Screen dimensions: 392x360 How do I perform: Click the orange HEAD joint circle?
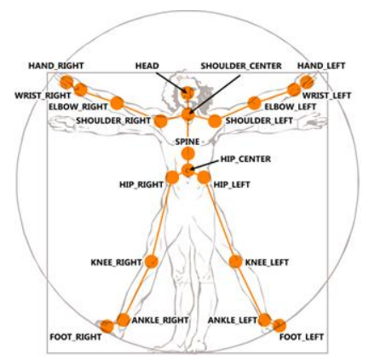pos(187,93)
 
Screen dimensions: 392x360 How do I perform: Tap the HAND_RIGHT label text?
pos(56,66)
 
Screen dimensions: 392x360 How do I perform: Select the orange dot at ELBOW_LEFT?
pos(255,103)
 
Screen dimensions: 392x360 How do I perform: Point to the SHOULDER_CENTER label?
pos(241,66)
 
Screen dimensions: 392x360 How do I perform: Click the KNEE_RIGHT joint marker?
pos(152,261)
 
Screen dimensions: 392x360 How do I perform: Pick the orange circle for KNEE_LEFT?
pos(235,261)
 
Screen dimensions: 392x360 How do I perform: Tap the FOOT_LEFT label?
pos(302,337)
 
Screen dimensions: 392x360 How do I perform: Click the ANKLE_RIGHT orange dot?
pos(124,320)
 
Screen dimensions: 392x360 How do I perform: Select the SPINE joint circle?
pos(187,154)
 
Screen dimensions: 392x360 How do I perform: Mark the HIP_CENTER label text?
pos(245,159)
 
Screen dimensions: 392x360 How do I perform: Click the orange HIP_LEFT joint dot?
pos(204,177)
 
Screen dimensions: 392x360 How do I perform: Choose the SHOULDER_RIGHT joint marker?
pos(161,121)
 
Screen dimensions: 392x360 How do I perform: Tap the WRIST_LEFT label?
pos(326,96)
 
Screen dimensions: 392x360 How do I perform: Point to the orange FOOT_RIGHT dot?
pos(107,327)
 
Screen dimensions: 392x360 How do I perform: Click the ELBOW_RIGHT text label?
pos(78,107)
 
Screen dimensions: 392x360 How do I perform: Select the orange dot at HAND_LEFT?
pos(307,82)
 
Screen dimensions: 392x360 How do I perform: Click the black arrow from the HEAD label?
pos(171,83)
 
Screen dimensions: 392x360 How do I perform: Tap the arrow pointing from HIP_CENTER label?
pos(204,165)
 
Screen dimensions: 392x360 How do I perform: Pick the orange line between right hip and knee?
pos(162,219)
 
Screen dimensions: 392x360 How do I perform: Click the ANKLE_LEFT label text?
pos(233,321)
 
